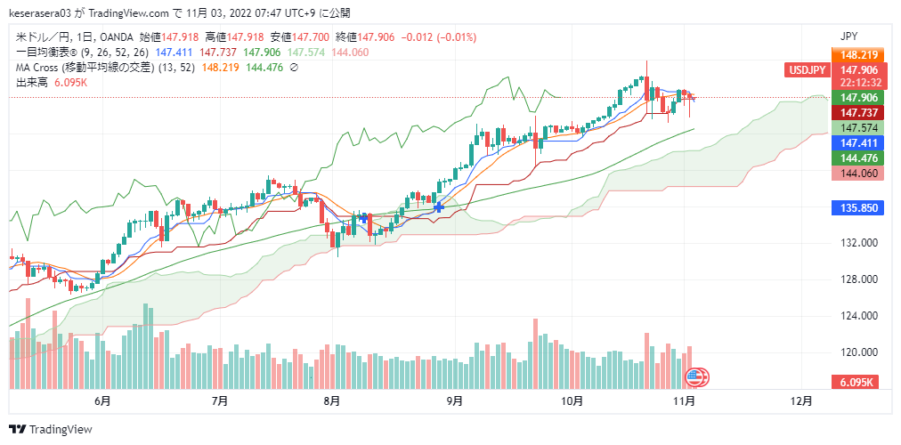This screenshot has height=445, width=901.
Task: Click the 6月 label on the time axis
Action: [x=102, y=401]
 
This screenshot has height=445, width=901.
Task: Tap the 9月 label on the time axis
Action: [x=454, y=401]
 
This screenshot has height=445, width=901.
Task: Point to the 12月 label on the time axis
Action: [x=801, y=401]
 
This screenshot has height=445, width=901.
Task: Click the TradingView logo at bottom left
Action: [x=50, y=429]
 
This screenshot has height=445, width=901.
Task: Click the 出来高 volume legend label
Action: [x=32, y=82]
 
